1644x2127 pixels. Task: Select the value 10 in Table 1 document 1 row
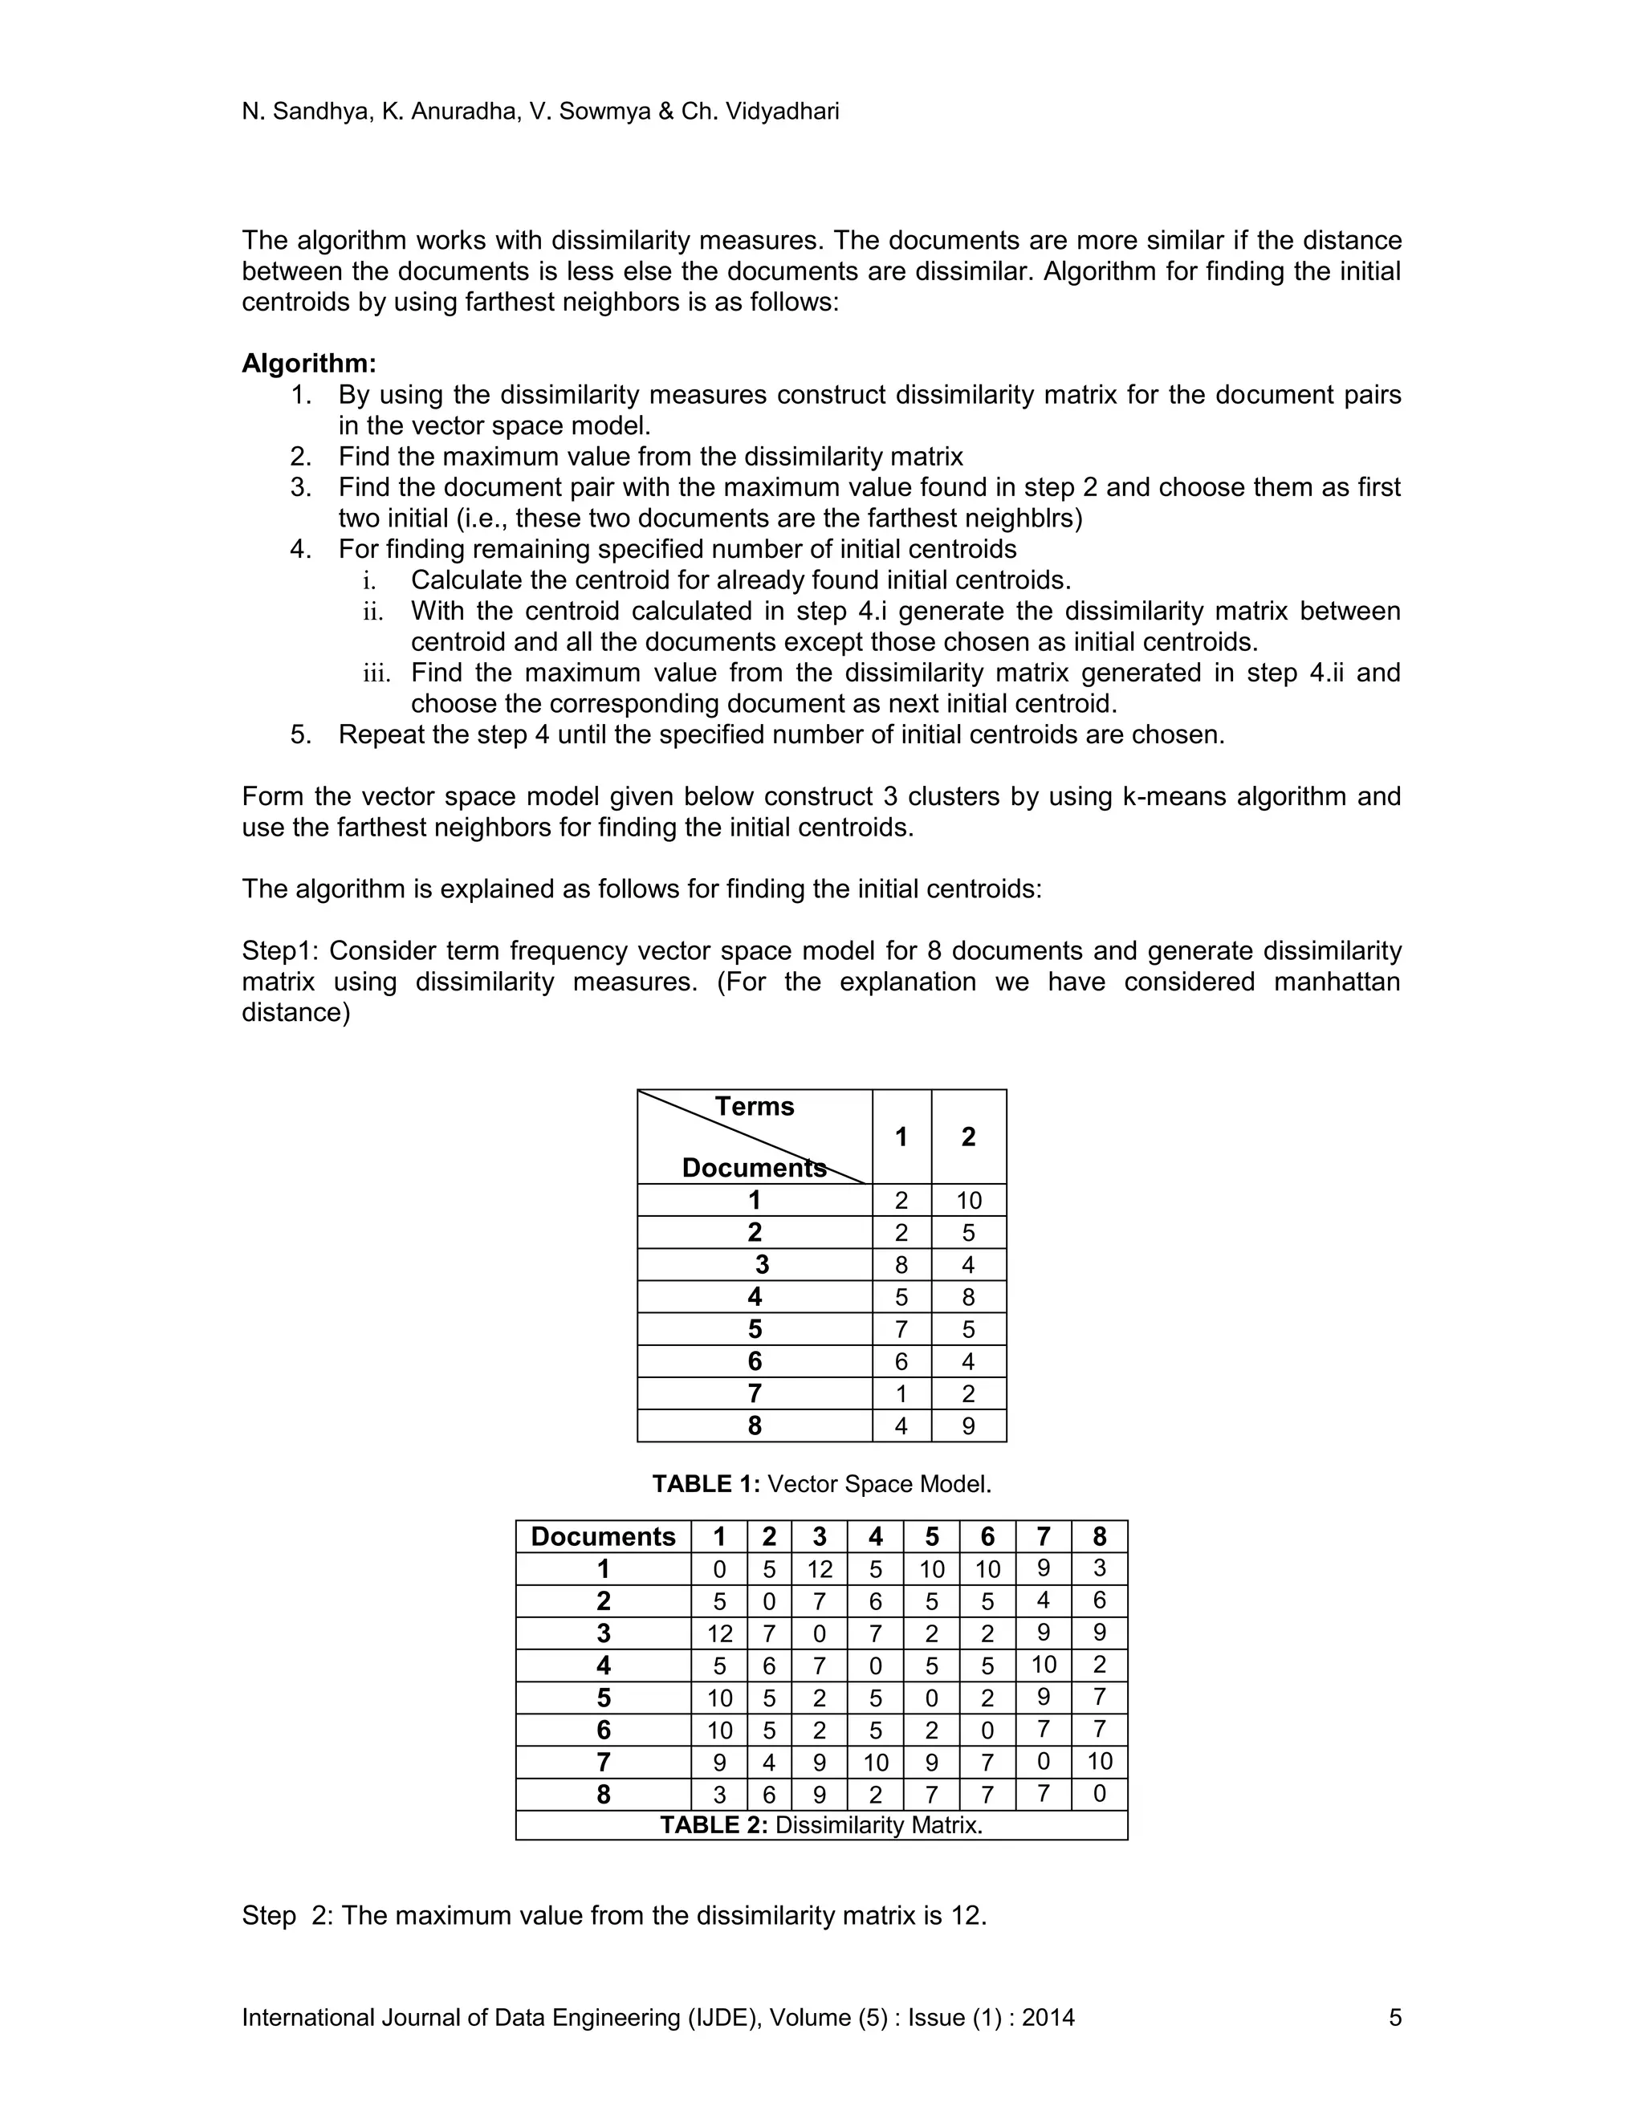[968, 1200]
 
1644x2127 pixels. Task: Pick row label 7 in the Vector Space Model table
[754, 1393]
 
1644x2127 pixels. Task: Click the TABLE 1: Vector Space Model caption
[821, 1483]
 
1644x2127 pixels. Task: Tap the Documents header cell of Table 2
[603, 1537]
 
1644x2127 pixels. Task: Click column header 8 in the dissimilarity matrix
[1099, 1537]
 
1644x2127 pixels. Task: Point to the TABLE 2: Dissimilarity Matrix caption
[821, 1824]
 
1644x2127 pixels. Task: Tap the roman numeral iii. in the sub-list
[376, 674]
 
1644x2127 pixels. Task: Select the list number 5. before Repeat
[301, 734]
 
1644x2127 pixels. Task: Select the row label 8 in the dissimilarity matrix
[603, 1794]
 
